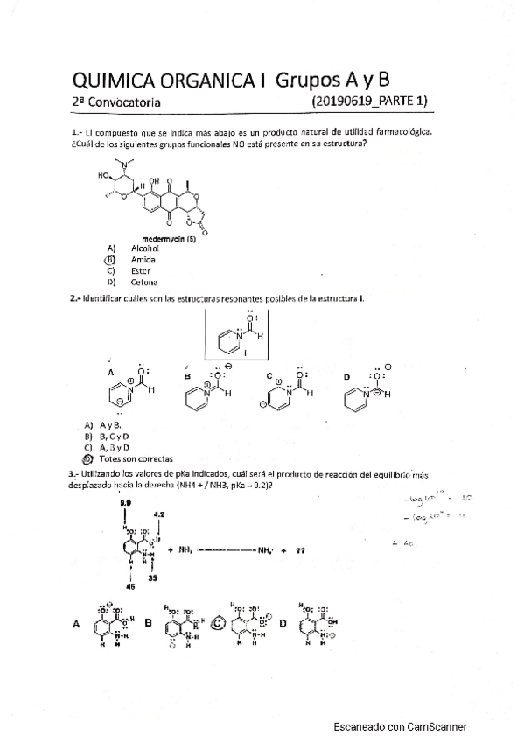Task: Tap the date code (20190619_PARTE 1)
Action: point(369,101)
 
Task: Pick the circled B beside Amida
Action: point(110,260)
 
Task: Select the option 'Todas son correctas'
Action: point(136,458)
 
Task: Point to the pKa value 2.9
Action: point(125,505)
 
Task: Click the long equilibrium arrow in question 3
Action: point(226,549)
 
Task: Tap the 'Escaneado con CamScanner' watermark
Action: point(400,726)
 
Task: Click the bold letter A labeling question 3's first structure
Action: point(75,625)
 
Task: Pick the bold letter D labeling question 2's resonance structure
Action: point(346,378)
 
